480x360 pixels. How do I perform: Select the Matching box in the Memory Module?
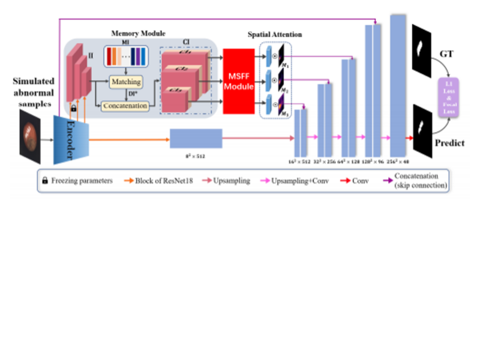point(125,81)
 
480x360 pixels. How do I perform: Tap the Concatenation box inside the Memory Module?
point(125,106)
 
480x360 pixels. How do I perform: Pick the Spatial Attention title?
point(275,35)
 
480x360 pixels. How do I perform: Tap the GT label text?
point(446,54)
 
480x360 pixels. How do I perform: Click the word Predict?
point(449,143)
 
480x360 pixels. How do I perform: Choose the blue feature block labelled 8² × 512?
point(196,138)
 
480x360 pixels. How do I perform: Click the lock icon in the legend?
point(44,181)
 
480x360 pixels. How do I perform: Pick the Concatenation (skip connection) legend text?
point(421,181)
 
